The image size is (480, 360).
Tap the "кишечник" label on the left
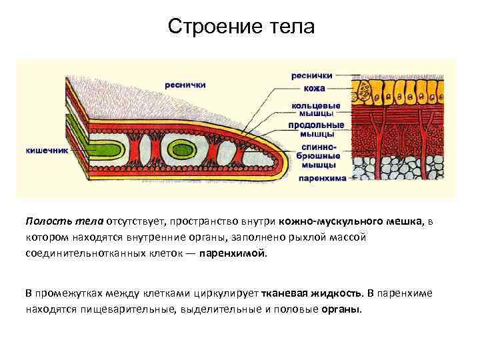coord(47,151)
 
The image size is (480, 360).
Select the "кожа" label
coord(314,88)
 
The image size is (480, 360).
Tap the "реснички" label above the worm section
coord(185,85)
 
